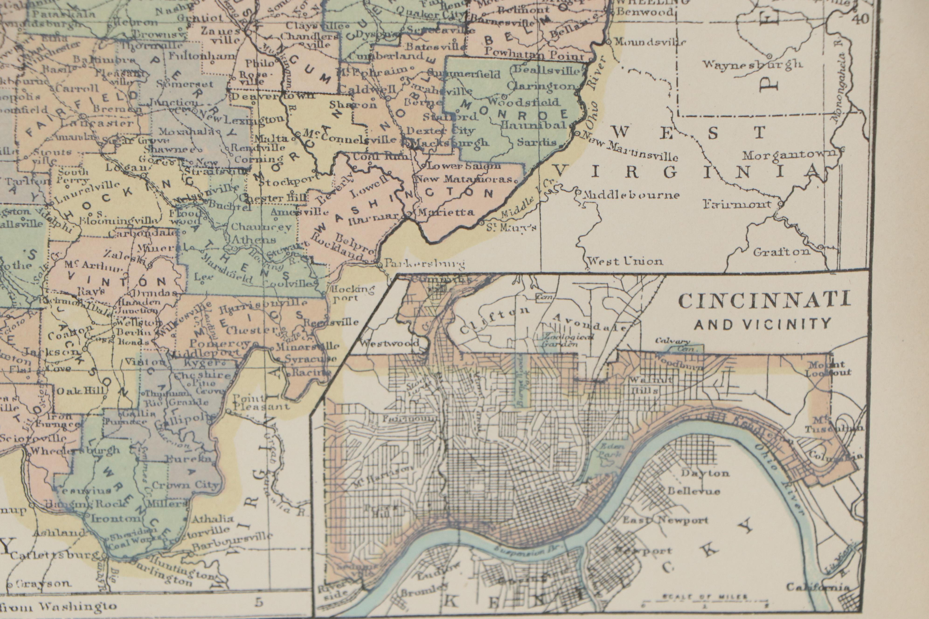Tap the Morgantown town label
[789, 155]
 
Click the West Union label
[625, 261]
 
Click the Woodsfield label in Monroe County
[523, 101]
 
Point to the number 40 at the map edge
[861, 19]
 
